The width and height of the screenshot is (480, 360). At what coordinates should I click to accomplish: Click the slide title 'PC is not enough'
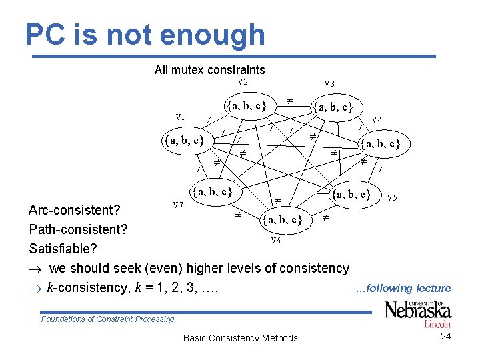145,35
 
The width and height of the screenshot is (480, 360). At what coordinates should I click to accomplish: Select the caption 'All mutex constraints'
209,69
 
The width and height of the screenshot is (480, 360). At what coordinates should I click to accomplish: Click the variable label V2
243,82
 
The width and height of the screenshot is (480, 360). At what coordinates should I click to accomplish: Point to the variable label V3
329,84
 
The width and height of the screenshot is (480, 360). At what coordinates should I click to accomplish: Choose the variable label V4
377,119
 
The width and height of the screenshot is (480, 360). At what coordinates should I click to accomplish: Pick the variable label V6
275,240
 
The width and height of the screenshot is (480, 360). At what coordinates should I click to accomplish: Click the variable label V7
178,205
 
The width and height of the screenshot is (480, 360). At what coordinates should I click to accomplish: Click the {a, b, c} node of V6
283,219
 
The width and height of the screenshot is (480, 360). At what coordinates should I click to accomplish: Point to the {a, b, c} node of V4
380,143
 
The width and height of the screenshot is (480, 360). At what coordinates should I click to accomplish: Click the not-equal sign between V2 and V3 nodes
290,99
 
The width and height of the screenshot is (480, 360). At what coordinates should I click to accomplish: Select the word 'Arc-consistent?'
74,211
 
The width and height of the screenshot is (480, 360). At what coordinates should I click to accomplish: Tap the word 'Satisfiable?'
63,249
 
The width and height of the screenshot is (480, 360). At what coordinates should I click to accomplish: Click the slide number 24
446,336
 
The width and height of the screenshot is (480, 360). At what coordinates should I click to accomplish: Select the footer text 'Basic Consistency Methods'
240,338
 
